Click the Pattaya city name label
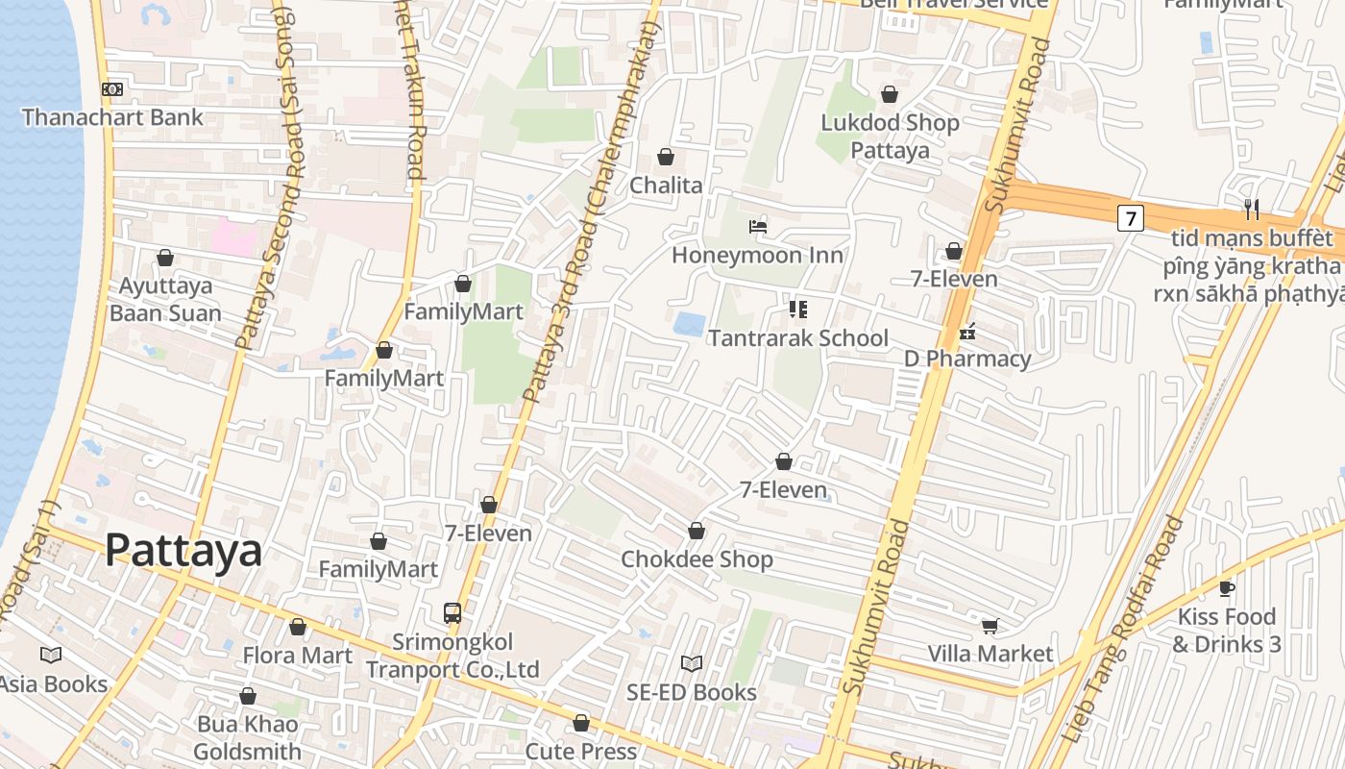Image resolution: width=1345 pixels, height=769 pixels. pos(183,551)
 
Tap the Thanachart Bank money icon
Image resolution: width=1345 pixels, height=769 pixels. pos(112,89)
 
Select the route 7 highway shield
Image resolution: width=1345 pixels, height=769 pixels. pos(1131,218)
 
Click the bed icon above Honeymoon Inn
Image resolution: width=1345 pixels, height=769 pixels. pos(758,227)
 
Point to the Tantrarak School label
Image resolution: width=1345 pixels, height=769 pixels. pos(797,338)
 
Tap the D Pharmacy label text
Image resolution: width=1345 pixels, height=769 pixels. pos(966,360)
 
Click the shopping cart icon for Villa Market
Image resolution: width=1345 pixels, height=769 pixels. pos(990,626)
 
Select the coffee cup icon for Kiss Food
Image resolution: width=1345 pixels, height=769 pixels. pos(1226,588)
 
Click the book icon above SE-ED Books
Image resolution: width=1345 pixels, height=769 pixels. pos(692,663)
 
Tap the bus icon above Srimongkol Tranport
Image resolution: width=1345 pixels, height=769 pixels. pos(452,612)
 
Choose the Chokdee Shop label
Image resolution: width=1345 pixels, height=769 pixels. pos(697,559)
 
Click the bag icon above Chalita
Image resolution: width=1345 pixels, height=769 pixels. pos(666,157)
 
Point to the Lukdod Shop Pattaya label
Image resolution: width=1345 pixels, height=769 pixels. pos(890,136)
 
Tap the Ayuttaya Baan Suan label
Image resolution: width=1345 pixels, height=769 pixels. pos(165,299)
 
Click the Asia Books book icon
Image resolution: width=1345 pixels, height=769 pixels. pos(51,655)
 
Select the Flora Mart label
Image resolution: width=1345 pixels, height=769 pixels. pos(297,656)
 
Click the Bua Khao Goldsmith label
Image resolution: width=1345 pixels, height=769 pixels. pos(248,737)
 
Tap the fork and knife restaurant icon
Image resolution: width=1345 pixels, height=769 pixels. pos(1251,209)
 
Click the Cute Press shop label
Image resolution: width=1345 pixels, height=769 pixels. pos(580,751)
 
